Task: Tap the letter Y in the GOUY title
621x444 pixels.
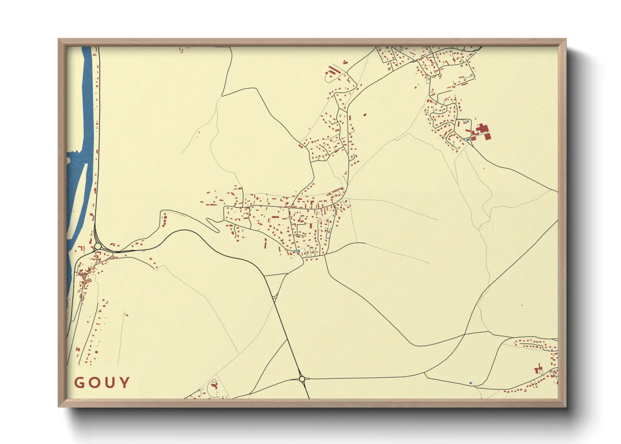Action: pyautogui.click(x=125, y=382)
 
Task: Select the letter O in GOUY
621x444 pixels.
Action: pyautogui.click(x=94, y=382)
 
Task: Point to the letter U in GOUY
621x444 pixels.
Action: pyautogui.click(x=110, y=382)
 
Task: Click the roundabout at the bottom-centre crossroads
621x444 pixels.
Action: pyautogui.click(x=302, y=379)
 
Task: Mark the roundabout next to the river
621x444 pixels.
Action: pyautogui.click(x=98, y=246)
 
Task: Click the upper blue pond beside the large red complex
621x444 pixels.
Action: pyautogui.click(x=468, y=121)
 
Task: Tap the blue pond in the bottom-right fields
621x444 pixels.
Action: pyautogui.click(x=470, y=383)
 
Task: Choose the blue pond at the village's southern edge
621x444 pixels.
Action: pyautogui.click(x=298, y=251)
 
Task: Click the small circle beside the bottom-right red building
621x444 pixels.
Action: pyautogui.click(x=541, y=372)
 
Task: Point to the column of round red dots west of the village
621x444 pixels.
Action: pyautogui.click(x=164, y=219)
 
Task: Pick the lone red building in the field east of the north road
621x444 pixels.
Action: pyautogui.click(x=365, y=114)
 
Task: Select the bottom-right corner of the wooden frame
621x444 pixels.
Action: pyautogui.click(x=566, y=406)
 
